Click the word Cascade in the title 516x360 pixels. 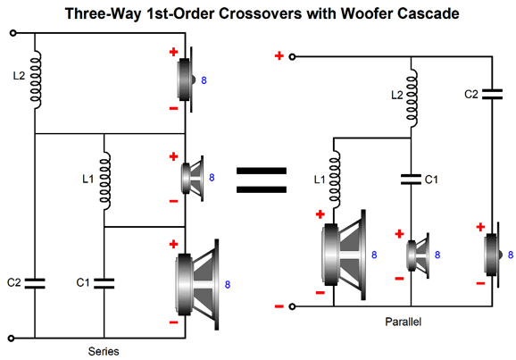coord(428,13)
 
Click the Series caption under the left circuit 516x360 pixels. coord(104,351)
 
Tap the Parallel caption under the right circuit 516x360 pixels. coord(403,322)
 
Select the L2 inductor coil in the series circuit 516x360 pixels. coord(36,80)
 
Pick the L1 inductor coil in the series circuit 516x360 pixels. coord(105,180)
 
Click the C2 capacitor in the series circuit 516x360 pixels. coord(35,283)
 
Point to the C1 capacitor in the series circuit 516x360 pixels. coord(104,283)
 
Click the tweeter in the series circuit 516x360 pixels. coord(187,80)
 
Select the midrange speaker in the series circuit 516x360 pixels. coord(192,178)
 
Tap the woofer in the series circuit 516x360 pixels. coord(197,284)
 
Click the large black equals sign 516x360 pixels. coord(262,180)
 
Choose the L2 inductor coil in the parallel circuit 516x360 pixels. coord(412,98)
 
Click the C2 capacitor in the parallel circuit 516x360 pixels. coord(492,94)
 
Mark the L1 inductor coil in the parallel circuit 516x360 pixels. coord(334,180)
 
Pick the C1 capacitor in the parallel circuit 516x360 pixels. coord(411,180)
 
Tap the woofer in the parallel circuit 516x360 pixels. coord(344,255)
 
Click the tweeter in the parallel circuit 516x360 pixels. coord(493,255)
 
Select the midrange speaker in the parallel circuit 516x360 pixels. coord(418,255)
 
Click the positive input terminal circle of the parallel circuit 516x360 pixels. coord(292,57)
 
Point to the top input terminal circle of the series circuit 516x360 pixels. coord(12,33)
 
